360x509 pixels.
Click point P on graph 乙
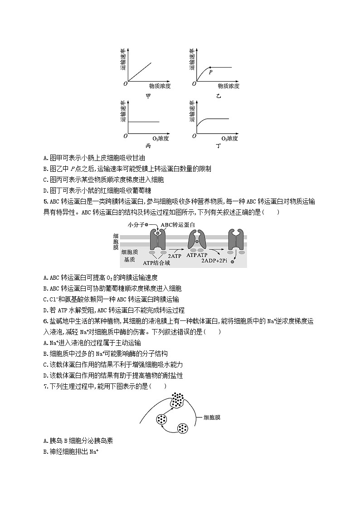pos(209,68)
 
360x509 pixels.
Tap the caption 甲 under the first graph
pos(148,96)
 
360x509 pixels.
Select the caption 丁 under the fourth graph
pos(219,146)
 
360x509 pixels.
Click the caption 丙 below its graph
pos(148,146)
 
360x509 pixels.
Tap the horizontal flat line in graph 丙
pos(144,121)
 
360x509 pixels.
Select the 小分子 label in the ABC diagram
pos(135,224)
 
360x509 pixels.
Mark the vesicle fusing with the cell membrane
pos(178,399)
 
